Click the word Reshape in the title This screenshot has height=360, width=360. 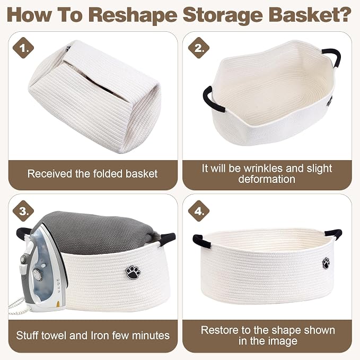pos(133,15)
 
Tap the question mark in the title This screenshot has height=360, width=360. pos(344,15)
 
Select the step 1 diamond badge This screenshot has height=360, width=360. pos(23,48)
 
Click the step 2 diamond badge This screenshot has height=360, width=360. pos(199,48)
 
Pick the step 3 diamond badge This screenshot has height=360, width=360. pos(23,211)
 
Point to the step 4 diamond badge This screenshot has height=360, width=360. pos(199,211)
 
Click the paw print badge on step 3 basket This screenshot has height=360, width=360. pos(133,273)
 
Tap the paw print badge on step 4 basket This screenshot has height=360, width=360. pos(326,263)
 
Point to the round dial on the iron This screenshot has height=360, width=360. pos(37,274)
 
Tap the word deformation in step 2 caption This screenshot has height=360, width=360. pos(267,179)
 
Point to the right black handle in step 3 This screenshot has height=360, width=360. pos(167,239)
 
